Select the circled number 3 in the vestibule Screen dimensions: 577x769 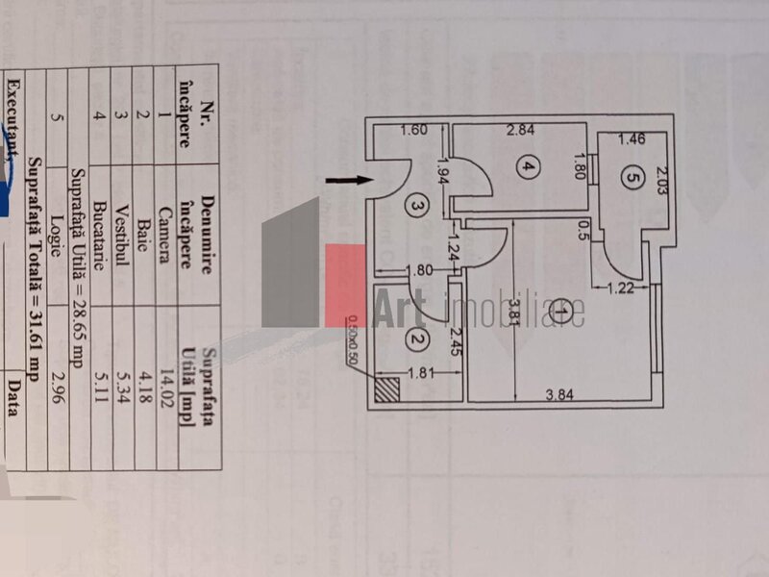point(414,204)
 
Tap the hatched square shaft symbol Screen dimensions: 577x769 point(387,389)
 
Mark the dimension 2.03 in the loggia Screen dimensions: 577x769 point(661,180)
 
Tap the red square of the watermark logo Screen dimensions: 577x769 point(346,284)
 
